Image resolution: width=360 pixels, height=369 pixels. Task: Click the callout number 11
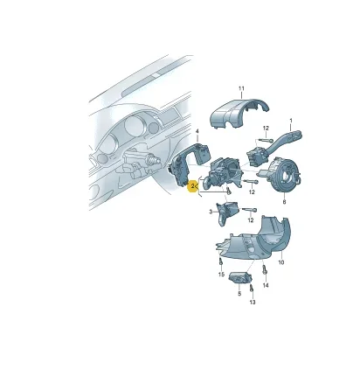tap(241, 88)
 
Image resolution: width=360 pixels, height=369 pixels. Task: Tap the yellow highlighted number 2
tap(192, 186)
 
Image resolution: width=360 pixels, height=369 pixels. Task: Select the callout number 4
tap(197, 131)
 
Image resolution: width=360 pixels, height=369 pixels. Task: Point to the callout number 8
tap(284, 202)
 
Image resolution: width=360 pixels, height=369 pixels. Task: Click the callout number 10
tap(281, 262)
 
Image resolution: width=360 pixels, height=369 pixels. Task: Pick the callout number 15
tap(221, 275)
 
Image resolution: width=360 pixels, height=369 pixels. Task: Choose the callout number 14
tap(266, 286)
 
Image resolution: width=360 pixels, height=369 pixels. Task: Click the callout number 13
tap(253, 303)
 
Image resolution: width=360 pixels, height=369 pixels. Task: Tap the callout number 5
tap(239, 294)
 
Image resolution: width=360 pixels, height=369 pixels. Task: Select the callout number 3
tap(211, 212)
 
